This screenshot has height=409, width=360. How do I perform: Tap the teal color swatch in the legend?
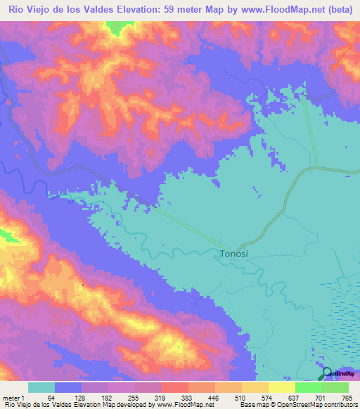click(x=41, y=387)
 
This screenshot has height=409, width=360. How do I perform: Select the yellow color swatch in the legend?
click(x=282, y=387)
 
